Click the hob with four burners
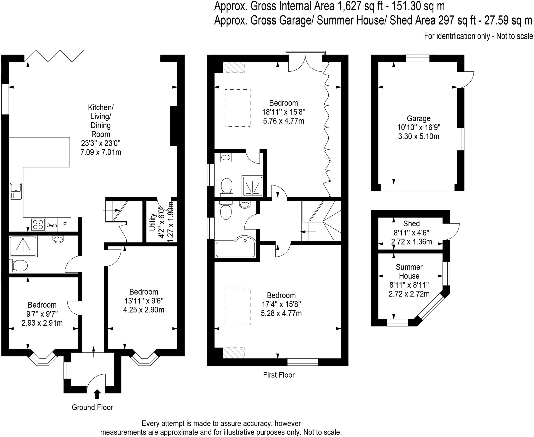click(38, 225)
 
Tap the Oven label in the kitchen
click(52, 225)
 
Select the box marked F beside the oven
click(65, 225)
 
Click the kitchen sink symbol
click(16, 191)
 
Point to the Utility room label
click(153, 222)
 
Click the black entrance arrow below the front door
click(97, 394)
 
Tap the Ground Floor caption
click(92, 407)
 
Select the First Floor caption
click(279, 375)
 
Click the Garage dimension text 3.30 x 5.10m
click(418, 136)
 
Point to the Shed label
click(411, 223)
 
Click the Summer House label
click(409, 271)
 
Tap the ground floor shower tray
click(23, 246)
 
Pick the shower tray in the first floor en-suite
click(252, 186)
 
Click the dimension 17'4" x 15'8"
click(281, 304)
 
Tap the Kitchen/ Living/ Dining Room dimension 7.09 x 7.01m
click(101, 152)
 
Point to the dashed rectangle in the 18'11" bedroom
click(238, 108)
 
